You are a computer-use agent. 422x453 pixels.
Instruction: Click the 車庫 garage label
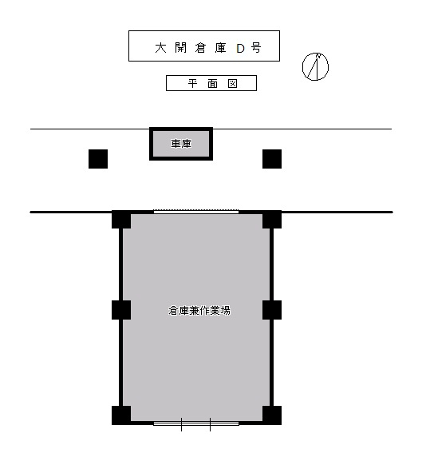tap(181, 144)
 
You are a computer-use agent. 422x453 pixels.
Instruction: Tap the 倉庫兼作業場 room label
tap(199, 311)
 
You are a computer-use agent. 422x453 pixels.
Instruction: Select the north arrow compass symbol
tap(315, 66)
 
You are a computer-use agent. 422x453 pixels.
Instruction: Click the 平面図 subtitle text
tap(212, 84)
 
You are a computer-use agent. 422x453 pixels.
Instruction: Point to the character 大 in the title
tap(160, 48)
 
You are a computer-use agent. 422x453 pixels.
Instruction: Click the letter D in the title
tap(240, 48)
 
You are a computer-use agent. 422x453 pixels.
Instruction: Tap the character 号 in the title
tap(256, 48)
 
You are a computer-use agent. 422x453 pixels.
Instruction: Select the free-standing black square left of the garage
tap(98, 159)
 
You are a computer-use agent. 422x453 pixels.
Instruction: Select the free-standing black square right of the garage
tap(272, 159)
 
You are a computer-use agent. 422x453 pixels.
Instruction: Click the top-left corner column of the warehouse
tap(121, 220)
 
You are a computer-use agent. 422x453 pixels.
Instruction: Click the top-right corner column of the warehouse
tap(272, 220)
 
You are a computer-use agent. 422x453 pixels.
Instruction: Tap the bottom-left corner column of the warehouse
tap(121, 415)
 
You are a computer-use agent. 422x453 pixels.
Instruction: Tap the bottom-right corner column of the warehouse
tap(272, 415)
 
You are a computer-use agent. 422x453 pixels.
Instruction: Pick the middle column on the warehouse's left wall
tap(121, 310)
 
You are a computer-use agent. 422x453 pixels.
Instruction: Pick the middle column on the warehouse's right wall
tap(272, 310)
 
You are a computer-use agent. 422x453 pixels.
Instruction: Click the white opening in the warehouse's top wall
tap(196, 212)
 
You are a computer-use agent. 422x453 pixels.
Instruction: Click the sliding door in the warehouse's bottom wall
tap(196, 423)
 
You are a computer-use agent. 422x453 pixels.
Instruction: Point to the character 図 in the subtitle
tap(232, 84)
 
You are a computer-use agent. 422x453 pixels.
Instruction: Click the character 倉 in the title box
tap(200, 48)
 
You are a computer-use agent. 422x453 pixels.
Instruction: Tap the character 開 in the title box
tap(180, 48)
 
